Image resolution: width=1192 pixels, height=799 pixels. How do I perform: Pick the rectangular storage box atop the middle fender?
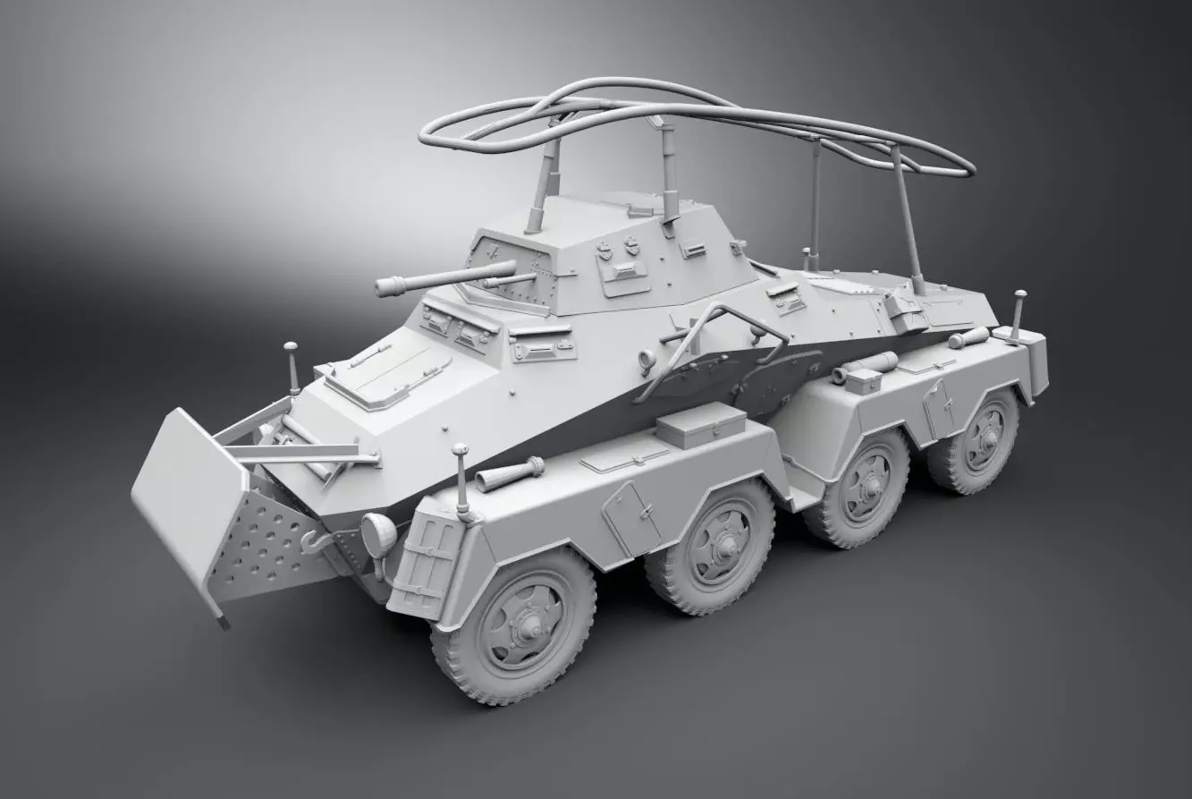[700, 430]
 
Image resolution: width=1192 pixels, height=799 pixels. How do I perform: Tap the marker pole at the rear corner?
[1019, 314]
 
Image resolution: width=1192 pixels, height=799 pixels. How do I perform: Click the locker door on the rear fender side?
[938, 408]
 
